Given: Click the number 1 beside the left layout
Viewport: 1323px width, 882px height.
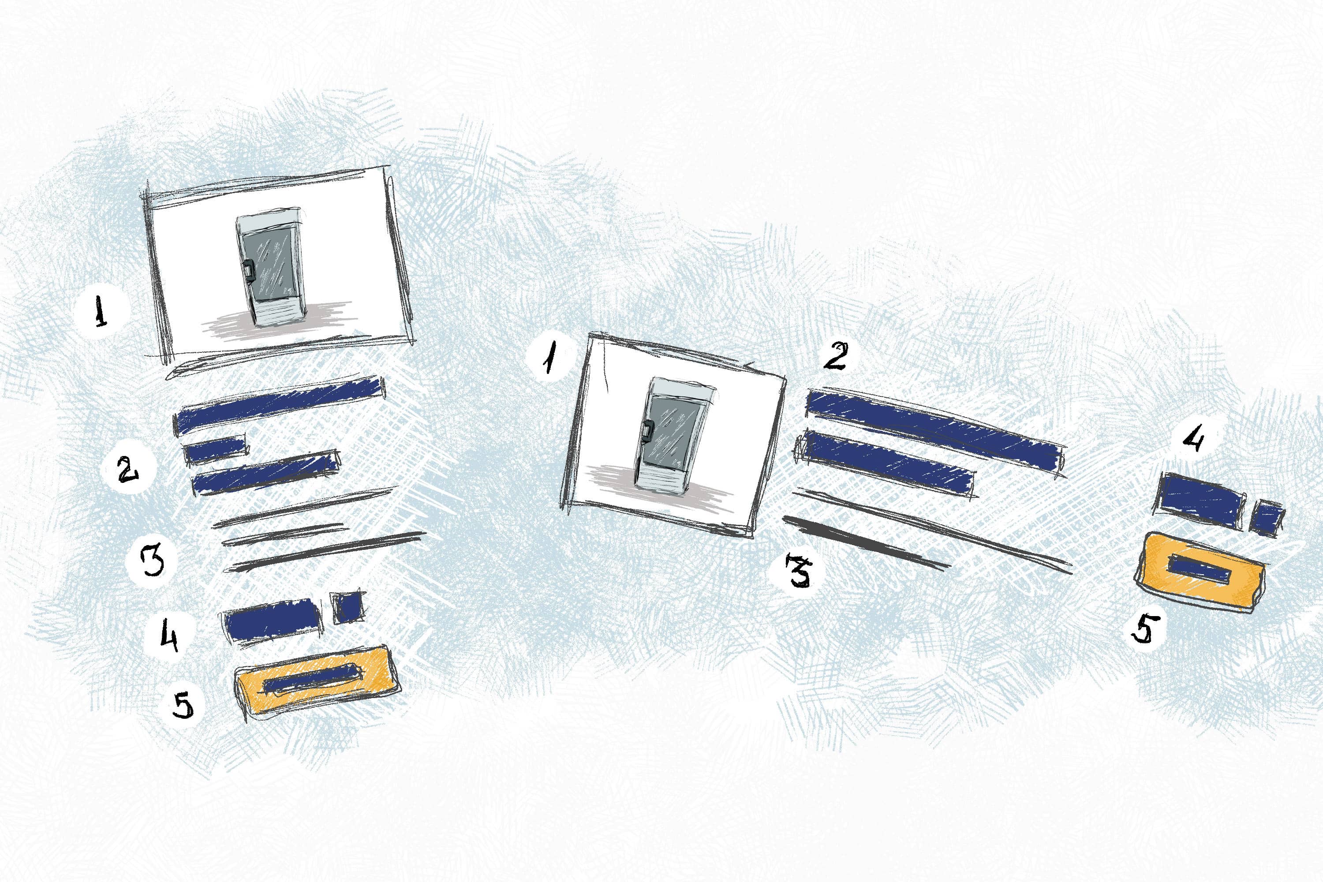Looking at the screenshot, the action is [x=101, y=313].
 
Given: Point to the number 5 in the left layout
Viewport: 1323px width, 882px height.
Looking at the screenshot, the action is [x=184, y=705].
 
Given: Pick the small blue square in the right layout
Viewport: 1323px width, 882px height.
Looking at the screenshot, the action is [x=1268, y=517].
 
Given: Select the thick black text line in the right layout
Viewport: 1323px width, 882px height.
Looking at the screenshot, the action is [x=866, y=543].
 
